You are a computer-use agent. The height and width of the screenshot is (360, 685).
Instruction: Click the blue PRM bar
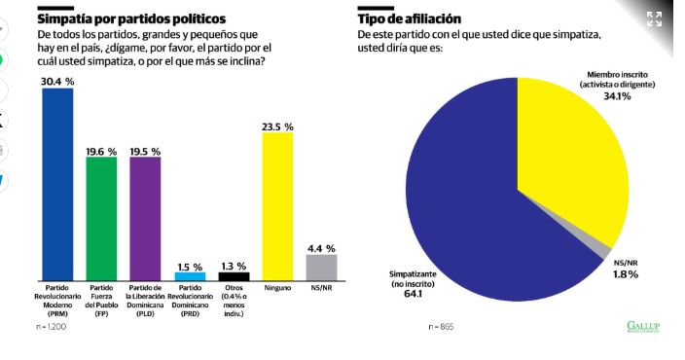(x=57, y=184)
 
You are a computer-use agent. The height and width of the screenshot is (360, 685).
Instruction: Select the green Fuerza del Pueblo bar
(x=101, y=219)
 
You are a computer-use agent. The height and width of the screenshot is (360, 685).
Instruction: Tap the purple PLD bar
(x=145, y=219)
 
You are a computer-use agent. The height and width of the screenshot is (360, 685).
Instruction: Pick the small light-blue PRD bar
(x=190, y=276)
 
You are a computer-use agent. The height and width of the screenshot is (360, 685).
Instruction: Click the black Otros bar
(x=234, y=276)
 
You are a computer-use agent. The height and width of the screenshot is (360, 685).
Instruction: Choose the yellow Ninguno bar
(x=277, y=206)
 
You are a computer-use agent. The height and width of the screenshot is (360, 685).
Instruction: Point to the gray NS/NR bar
(x=321, y=268)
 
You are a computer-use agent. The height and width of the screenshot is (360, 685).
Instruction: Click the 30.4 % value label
(x=57, y=82)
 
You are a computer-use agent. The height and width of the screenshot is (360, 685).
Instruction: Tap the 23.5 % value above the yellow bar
(x=277, y=126)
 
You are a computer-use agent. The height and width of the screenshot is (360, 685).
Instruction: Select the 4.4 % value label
(x=321, y=248)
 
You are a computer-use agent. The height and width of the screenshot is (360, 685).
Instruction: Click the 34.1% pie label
(x=617, y=96)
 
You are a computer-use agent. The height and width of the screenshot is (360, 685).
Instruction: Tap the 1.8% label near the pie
(x=626, y=274)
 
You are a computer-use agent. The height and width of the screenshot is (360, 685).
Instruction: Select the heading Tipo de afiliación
(x=410, y=19)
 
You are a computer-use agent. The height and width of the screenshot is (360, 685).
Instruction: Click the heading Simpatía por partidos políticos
(x=131, y=19)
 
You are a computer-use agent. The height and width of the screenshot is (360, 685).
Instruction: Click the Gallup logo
(x=643, y=326)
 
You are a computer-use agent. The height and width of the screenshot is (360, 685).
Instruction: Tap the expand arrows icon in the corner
(x=655, y=19)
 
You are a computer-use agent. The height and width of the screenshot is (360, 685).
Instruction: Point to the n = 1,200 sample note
(x=52, y=326)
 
